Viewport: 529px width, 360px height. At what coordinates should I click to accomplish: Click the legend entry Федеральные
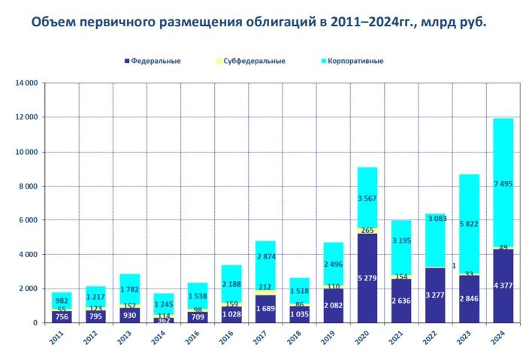tap(156, 60)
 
